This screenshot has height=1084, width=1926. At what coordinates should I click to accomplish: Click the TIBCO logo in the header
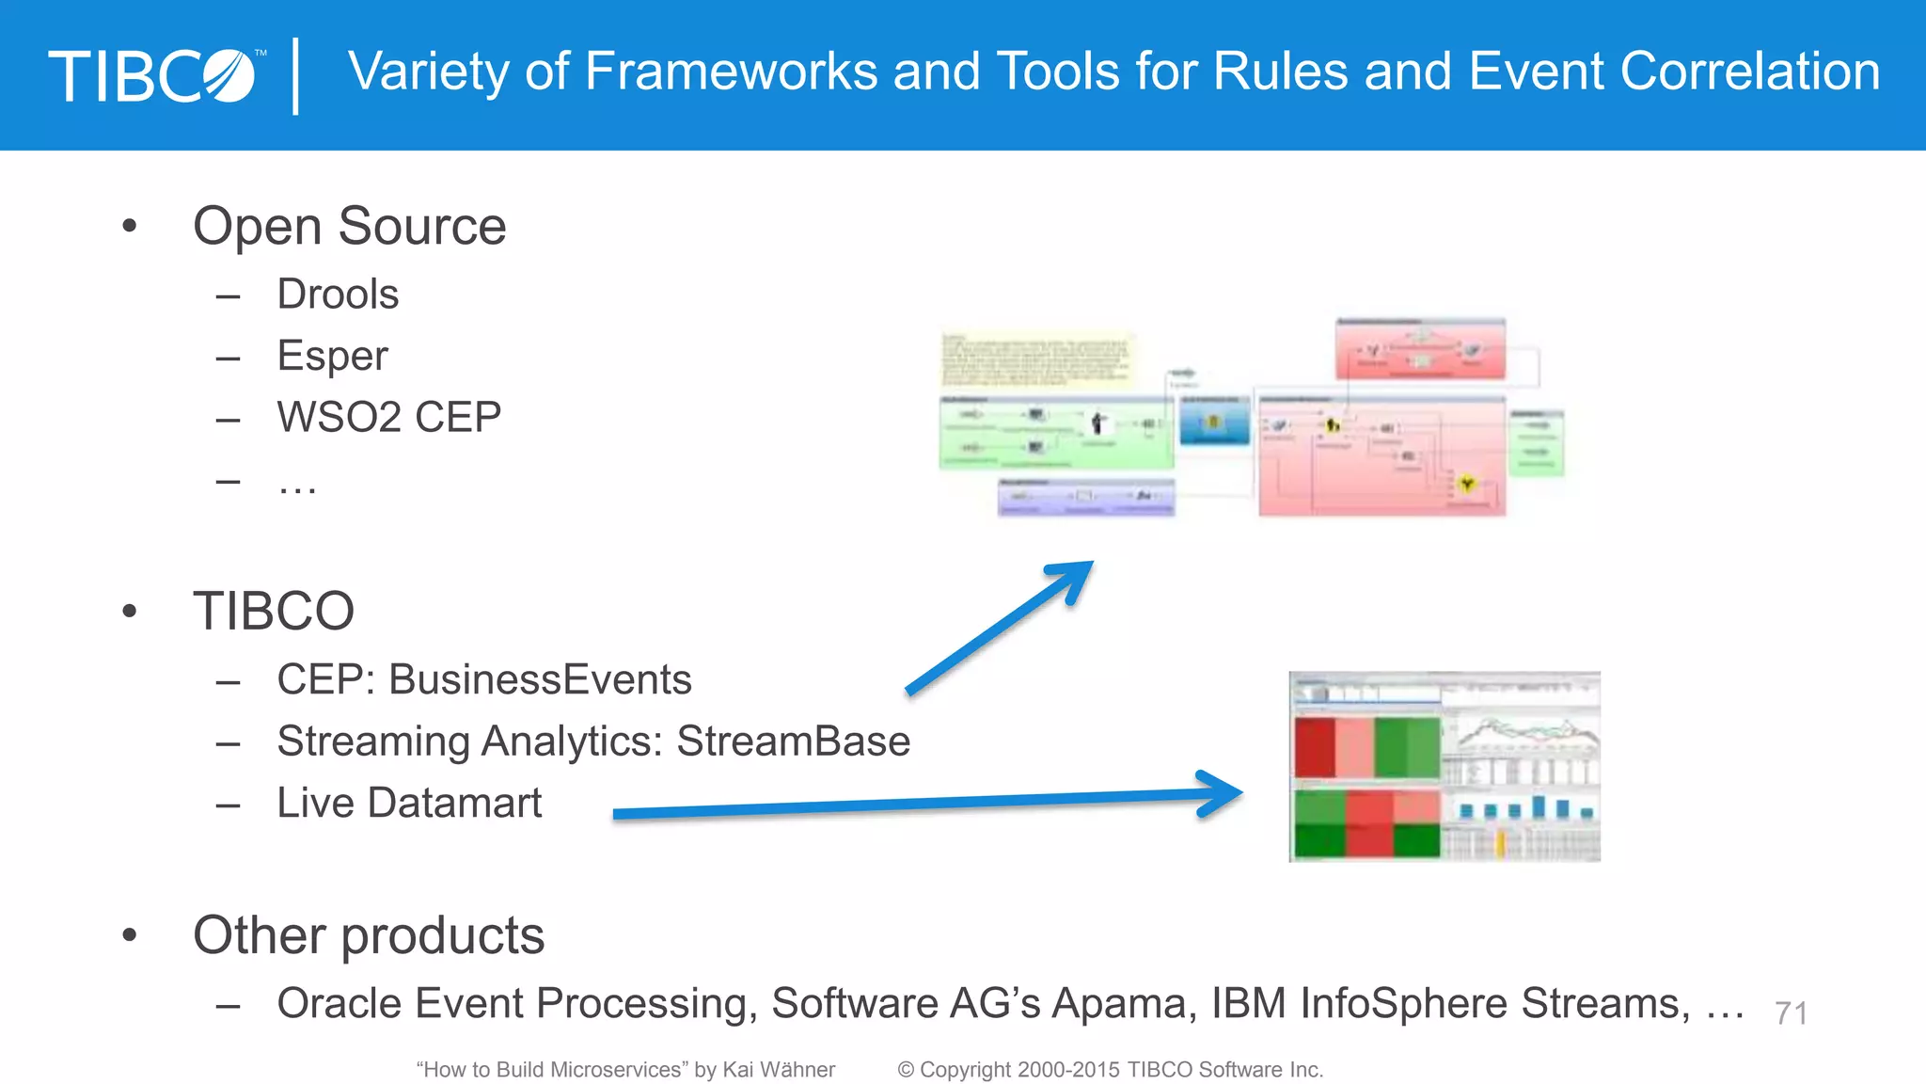coord(155,75)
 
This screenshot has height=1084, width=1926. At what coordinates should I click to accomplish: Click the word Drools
coord(338,295)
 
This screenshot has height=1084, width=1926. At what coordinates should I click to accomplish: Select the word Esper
coord(332,356)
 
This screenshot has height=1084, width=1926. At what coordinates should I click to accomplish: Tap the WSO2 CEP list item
coord(388,417)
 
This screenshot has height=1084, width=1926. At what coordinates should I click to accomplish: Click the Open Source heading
coord(349,227)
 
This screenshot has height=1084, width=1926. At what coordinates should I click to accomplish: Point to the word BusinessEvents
coord(540,679)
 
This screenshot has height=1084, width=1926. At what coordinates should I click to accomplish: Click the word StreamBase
coord(793,741)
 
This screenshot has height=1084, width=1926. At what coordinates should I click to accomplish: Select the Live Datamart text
coord(409,803)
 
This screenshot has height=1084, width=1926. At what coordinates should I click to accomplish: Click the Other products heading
coord(369,935)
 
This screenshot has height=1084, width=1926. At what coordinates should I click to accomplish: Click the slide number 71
coord(1791,1013)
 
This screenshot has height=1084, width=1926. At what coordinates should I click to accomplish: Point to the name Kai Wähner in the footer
coord(778,1070)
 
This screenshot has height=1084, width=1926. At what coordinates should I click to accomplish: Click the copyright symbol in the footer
coord(906,1070)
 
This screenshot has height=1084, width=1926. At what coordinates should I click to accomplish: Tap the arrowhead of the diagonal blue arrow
coord(1077,575)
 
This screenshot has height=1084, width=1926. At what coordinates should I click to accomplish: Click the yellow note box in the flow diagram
coord(1036,359)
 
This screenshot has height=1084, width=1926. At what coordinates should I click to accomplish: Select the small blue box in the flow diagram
coord(1214,422)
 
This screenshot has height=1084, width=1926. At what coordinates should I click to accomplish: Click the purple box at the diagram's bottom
coord(1086,497)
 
